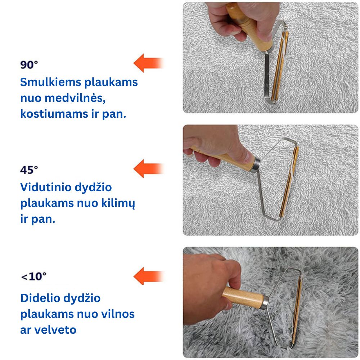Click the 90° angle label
[x=29, y=65]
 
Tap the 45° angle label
[x=29, y=170]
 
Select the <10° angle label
[x=34, y=277]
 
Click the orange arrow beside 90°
[x=148, y=63]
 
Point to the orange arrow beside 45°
[x=148, y=168]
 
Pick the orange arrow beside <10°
[x=148, y=276]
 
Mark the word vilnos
[x=117, y=314]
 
